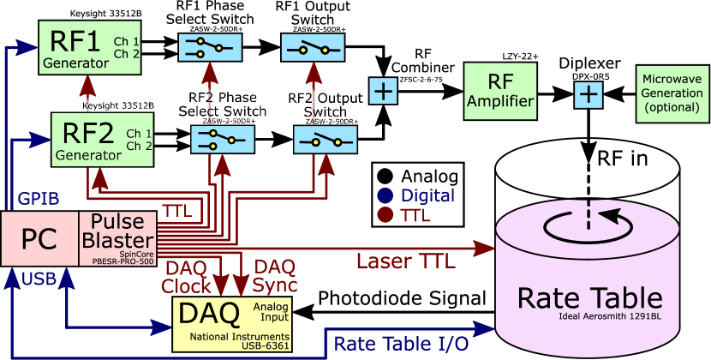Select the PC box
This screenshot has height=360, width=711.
(39, 238)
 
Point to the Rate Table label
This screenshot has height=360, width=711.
(589, 298)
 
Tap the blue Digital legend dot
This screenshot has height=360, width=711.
(385, 195)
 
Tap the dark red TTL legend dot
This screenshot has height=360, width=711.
(385, 215)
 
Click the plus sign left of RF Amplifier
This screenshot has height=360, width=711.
(383, 90)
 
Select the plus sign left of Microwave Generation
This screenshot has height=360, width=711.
(588, 94)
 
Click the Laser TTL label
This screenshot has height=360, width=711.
(405, 261)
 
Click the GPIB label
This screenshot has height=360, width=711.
(39, 199)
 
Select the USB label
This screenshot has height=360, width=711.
(39, 279)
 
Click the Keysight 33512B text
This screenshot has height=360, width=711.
(118, 105)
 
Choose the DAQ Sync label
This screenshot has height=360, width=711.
(276, 276)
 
